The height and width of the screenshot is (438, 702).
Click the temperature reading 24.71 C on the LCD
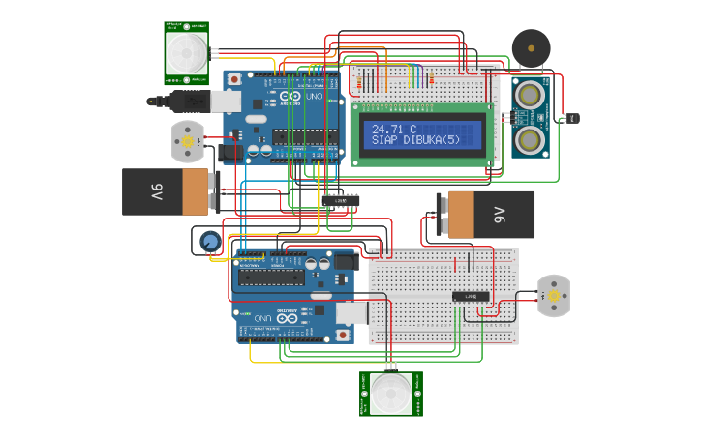[x=394, y=129]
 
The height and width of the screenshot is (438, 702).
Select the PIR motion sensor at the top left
[x=186, y=52]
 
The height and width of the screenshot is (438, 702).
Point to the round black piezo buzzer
[x=529, y=46]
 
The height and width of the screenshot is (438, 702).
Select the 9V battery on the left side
[x=166, y=191]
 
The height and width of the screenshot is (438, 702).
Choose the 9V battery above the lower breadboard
[x=484, y=214]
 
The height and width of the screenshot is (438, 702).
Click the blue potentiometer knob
[x=208, y=241]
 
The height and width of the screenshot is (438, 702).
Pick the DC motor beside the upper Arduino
[x=187, y=141]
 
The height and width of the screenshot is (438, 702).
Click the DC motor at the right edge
[x=553, y=296]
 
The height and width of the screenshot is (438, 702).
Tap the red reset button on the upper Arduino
[x=234, y=78]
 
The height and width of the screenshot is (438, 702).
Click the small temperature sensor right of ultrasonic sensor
[x=572, y=118]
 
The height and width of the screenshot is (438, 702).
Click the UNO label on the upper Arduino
[x=316, y=97]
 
